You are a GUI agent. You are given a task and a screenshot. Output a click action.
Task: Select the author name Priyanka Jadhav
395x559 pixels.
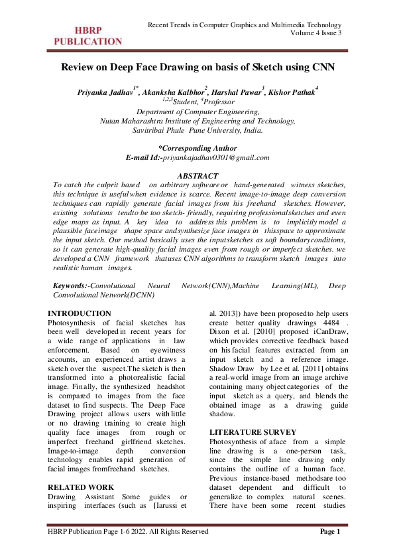pos(107,91)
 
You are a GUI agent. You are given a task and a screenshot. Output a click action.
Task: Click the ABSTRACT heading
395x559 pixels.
pos(197,175)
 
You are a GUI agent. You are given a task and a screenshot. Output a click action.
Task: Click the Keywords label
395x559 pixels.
pos(70,285)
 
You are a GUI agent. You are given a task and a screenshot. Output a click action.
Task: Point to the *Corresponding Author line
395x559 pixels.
pos(197,147)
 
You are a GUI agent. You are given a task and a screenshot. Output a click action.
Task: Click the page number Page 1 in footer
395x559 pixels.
pos(329,532)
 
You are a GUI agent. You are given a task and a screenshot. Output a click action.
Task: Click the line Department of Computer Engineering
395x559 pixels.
pos(197,113)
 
